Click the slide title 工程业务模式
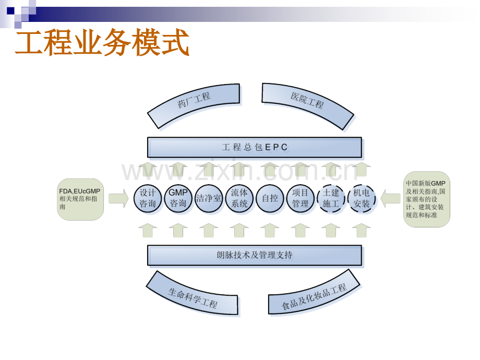pos(102,42)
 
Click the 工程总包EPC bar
pos(255,147)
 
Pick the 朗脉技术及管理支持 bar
pos(255,255)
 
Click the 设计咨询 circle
pos(148,198)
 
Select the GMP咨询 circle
pos(178,198)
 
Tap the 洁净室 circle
pos(209,198)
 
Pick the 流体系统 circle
pos(239,198)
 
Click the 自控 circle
pos(270,198)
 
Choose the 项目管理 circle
pos(301,198)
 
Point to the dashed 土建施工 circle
pos(331,198)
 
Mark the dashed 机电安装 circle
pos(362,198)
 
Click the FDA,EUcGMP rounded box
pos(80,199)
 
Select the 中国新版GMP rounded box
pos(427,199)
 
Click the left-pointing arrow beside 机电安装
pos(391,198)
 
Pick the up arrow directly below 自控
pos(270,231)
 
